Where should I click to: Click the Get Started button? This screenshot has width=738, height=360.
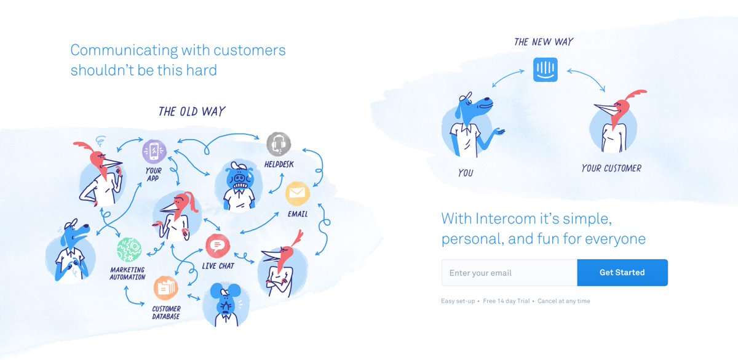click(x=622, y=273)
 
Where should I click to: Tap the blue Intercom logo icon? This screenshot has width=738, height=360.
click(x=545, y=69)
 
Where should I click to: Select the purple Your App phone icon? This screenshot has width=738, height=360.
click(x=154, y=151)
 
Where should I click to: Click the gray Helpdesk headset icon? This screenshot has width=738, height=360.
click(x=279, y=144)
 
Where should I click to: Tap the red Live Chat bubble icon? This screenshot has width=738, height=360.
click(x=216, y=246)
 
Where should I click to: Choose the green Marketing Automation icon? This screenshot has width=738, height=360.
click(x=129, y=250)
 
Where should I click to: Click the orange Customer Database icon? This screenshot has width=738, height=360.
click(x=165, y=287)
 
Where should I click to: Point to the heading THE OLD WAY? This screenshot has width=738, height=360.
click(x=192, y=112)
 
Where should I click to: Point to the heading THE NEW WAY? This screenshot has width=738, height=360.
click(x=544, y=42)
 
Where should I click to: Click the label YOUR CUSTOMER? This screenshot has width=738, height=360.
click(x=611, y=168)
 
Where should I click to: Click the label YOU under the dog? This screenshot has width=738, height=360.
click(x=466, y=173)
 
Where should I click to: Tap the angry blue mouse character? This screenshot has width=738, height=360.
click(x=225, y=303)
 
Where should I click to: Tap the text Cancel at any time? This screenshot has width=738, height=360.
click(x=564, y=301)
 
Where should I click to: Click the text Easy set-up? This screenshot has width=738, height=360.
click(x=458, y=301)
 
